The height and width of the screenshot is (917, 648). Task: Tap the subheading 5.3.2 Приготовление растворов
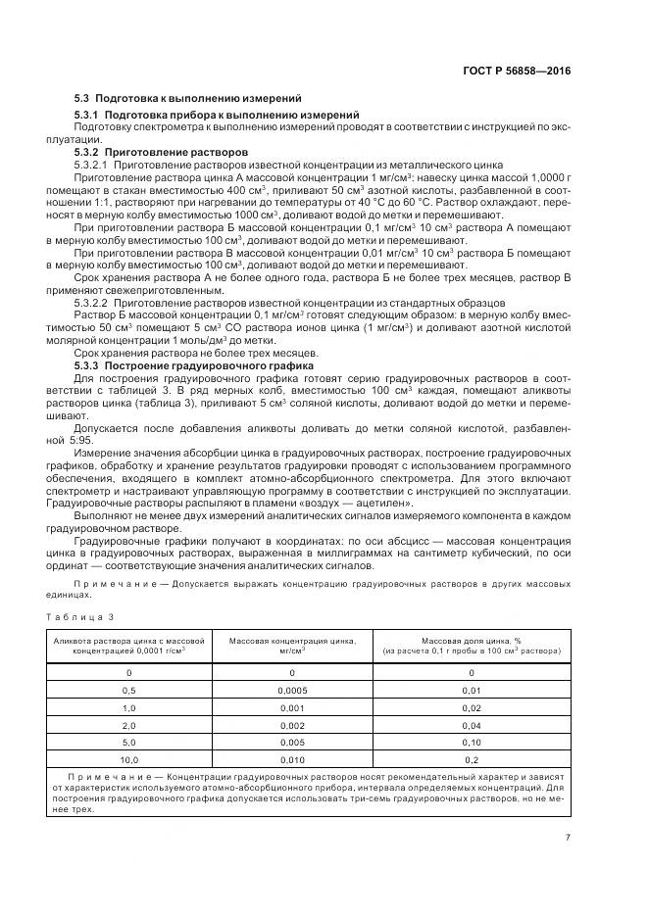(161, 152)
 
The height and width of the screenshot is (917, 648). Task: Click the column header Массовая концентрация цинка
(292, 644)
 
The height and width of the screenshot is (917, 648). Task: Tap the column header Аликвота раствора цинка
(128, 644)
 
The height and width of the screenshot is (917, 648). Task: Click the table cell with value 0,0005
(292, 690)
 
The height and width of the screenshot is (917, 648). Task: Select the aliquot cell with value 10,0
(128, 758)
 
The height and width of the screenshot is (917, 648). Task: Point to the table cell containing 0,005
(292, 742)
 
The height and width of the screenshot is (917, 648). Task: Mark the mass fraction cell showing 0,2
(472, 758)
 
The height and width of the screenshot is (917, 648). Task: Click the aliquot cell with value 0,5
(128, 690)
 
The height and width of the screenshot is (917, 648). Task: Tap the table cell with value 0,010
(292, 758)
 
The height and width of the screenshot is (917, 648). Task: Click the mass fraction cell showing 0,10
(472, 742)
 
